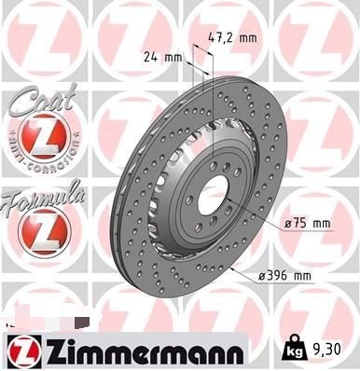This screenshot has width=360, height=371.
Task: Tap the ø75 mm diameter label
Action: pyautogui.click(x=308, y=225)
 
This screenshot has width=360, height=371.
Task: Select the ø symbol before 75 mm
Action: pyautogui.click(x=288, y=225)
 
